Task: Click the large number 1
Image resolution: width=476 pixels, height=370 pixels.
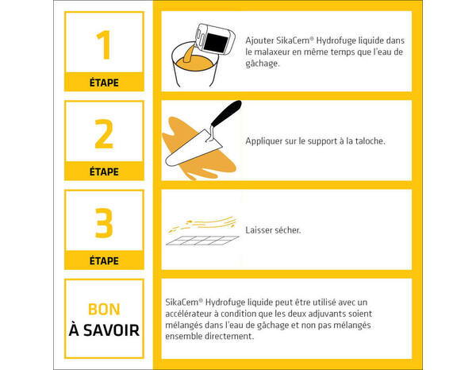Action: pyautogui.click(x=103, y=46)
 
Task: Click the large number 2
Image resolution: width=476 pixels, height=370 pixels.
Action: pyautogui.click(x=104, y=135)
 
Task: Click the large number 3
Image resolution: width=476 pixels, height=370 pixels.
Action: pyautogui.click(x=104, y=224)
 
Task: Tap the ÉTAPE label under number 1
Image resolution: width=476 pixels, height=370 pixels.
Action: pyautogui.click(x=104, y=82)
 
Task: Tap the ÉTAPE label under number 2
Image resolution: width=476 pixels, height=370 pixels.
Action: pyautogui.click(x=104, y=172)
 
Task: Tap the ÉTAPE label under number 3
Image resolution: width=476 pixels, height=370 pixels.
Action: pyautogui.click(x=104, y=260)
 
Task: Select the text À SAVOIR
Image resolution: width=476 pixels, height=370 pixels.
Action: pyautogui.click(x=104, y=329)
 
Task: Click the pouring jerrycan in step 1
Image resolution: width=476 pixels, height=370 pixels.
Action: pyautogui.click(x=215, y=36)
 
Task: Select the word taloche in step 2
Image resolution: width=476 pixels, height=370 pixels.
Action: pyautogui.click(x=366, y=141)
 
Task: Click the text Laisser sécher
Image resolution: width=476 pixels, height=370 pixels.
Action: pyautogui.click(x=273, y=230)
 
